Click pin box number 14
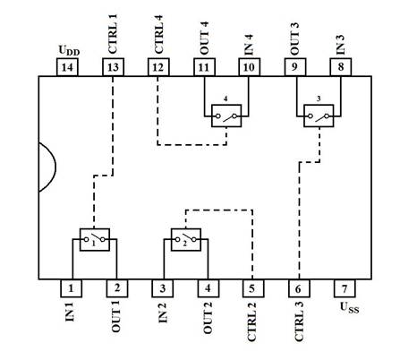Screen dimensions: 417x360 (67, 67)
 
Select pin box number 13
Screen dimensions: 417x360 (113, 67)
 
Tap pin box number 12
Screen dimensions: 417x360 (158, 67)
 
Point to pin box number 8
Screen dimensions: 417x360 (341, 67)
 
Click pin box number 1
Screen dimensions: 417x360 (71, 288)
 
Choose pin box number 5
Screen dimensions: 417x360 (253, 288)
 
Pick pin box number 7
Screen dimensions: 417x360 (345, 288)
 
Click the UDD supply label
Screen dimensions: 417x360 (69, 50)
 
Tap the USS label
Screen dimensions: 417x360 (350, 308)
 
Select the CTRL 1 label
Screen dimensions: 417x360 (113, 34)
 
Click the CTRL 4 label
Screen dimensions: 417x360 (158, 34)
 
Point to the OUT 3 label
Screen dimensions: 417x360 (294, 39)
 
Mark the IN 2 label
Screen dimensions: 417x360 (163, 313)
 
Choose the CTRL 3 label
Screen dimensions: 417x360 (299, 321)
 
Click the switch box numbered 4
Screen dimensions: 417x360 (226, 116)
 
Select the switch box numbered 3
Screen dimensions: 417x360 (319, 116)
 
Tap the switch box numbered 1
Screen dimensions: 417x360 (95, 240)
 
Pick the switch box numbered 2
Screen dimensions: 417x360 (186, 240)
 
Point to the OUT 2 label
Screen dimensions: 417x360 (208, 318)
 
